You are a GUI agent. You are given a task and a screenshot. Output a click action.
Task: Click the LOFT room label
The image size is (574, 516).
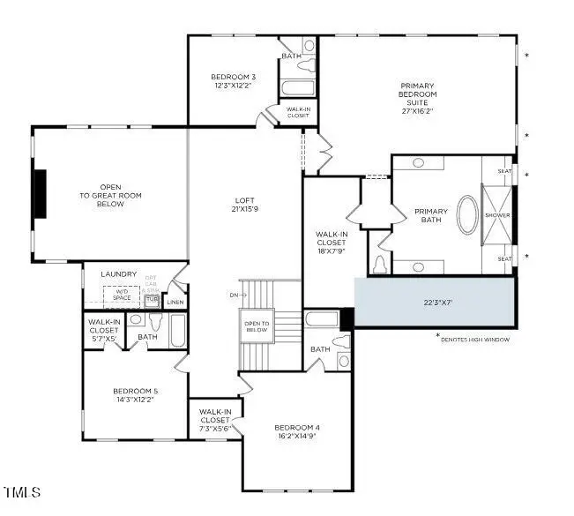[244, 205]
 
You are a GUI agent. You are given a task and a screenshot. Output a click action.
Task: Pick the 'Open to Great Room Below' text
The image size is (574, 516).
[111, 195]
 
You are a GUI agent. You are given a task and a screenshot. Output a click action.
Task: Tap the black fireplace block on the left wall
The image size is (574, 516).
[40, 192]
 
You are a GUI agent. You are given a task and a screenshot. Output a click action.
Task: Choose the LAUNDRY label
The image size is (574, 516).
[119, 274]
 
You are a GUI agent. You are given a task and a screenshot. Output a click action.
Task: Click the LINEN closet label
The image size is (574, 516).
[175, 303]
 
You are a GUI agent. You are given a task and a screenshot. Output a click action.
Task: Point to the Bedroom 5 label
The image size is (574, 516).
[135, 395]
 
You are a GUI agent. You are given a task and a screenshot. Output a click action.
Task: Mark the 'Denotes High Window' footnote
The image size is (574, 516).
[474, 339]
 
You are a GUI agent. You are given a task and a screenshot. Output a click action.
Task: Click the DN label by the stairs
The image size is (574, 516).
[232, 294]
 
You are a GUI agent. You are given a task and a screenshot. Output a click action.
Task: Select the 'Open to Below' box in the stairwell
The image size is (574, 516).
[258, 326]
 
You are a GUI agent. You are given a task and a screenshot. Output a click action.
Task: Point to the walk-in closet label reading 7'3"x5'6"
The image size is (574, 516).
[215, 416]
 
